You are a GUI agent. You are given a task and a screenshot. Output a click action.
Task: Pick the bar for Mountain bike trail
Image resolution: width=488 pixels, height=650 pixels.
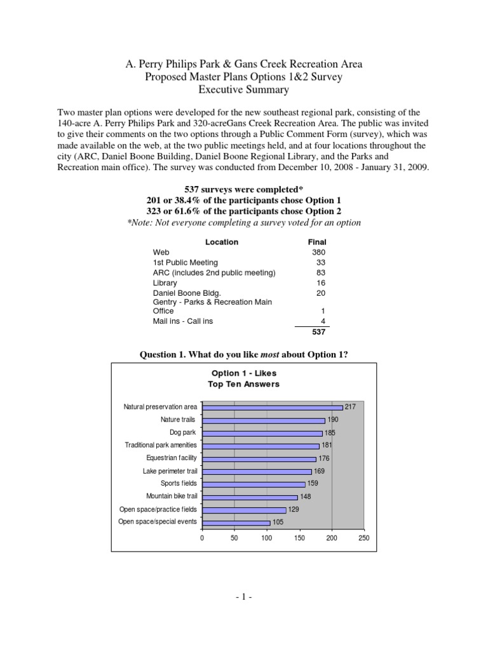point(250,497)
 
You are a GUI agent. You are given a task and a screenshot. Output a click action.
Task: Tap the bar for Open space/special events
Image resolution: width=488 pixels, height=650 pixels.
point(236,522)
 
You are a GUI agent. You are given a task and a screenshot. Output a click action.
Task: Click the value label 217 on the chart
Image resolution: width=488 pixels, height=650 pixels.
point(350,407)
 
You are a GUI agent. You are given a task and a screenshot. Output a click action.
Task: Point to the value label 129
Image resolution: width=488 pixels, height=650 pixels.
point(293,509)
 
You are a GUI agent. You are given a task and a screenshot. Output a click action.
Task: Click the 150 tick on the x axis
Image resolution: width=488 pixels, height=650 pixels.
point(299,537)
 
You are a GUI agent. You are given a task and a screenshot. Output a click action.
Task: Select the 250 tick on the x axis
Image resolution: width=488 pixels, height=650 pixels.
point(363,537)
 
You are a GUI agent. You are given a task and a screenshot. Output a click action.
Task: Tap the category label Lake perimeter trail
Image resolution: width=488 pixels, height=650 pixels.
point(170,471)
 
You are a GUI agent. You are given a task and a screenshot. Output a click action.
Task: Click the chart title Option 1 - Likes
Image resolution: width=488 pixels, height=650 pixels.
point(243,373)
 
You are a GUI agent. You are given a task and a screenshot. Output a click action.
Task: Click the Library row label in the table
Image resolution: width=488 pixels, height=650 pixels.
point(165,282)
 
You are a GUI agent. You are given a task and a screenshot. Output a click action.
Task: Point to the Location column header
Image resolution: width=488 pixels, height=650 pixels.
point(222,242)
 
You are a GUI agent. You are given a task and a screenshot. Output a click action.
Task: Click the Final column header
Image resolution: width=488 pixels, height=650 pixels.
point(316,242)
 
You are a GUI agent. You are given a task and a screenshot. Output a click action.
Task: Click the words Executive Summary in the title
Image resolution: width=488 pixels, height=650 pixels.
point(244,90)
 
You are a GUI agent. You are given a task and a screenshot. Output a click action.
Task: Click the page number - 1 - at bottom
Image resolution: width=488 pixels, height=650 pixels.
point(243,597)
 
